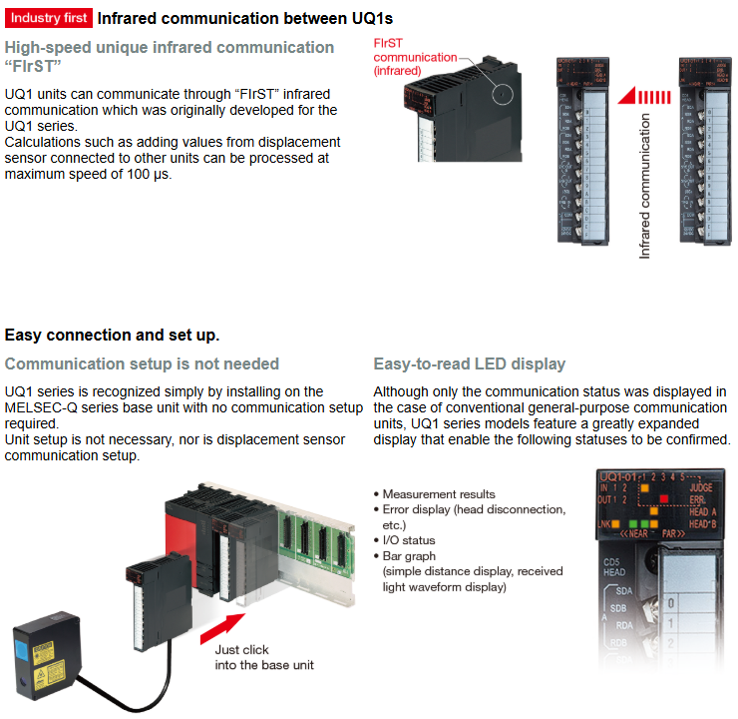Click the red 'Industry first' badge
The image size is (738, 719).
point(49,18)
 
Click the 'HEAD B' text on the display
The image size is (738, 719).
point(704,523)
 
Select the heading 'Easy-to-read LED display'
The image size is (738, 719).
point(469,363)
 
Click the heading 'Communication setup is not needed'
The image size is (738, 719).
point(142,363)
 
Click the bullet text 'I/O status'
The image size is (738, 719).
point(409,540)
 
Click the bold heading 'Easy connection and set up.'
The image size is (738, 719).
point(112,335)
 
